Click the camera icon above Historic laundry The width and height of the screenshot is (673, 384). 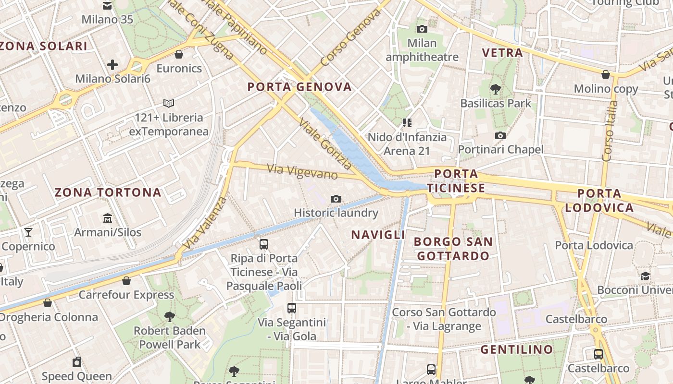pos(336,199)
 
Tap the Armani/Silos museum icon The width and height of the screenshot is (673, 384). pos(108,218)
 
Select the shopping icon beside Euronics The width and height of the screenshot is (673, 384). pos(179,54)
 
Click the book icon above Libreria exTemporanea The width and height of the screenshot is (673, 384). pos(168,103)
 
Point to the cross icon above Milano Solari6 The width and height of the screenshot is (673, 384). pos(112,64)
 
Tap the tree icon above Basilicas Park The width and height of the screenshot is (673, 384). pos(495,89)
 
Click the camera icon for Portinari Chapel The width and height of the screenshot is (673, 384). pos(500,135)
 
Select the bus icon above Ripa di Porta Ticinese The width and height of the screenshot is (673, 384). pos(263,244)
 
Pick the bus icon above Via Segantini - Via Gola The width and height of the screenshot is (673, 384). pos(292,308)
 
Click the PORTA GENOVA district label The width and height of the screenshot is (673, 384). pos(299,87)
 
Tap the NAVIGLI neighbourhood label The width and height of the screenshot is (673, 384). pos(378,235)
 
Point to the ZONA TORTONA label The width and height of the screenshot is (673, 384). pos(108,192)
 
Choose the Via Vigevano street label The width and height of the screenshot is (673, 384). pos(302,172)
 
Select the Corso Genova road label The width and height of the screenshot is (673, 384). pos(350,38)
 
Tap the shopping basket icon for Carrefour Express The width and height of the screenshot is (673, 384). pos(126,281)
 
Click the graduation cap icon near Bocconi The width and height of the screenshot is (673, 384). pos(645,276)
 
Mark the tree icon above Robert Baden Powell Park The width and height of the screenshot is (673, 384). pos(169,316)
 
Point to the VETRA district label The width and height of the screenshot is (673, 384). pos(502,53)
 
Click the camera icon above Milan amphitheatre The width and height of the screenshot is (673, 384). pos(422,29)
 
